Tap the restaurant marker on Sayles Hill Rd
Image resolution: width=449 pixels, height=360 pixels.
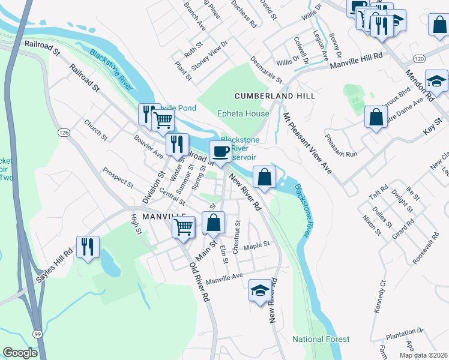click(x=88, y=247)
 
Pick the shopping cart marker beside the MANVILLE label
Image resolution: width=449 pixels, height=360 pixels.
click(x=184, y=227)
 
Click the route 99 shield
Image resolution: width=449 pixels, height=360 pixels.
click(x=38, y=334)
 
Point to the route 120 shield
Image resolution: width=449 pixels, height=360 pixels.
click(x=419, y=58)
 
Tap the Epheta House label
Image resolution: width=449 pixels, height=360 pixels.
click(x=243, y=113)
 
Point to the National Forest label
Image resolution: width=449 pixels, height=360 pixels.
click(x=321, y=339)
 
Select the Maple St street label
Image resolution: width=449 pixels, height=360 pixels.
click(x=257, y=244)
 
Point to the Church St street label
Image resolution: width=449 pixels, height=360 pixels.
click(x=95, y=130)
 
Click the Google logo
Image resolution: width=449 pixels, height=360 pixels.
click(x=20, y=353)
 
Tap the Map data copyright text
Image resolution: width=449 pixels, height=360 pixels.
click(x=423, y=355)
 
